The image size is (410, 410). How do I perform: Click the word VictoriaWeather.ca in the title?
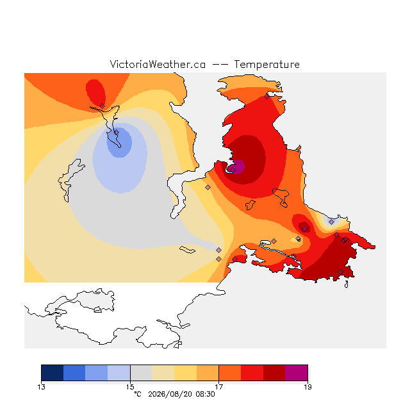[x=158, y=64]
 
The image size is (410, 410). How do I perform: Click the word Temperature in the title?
[x=266, y=64]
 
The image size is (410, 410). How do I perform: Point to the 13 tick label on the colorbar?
[x=41, y=387]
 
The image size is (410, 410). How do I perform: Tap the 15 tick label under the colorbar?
[x=130, y=387]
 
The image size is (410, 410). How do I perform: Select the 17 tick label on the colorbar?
[x=219, y=387]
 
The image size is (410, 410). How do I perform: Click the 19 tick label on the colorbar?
[x=307, y=387]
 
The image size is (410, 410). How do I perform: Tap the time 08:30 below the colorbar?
[x=205, y=395]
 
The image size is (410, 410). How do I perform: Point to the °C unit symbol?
[x=138, y=394]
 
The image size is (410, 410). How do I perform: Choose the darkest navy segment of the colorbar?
[x=53, y=373]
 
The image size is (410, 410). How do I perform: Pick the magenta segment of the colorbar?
[x=297, y=373]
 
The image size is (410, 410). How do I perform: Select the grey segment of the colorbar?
[x=141, y=373]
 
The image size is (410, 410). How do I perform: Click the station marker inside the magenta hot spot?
[x=233, y=170]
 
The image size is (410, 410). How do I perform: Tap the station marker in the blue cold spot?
[x=117, y=133]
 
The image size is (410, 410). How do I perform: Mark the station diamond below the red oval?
[x=102, y=106]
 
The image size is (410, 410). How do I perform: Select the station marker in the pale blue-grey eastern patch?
[x=331, y=222]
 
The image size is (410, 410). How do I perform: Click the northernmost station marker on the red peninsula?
[x=266, y=97]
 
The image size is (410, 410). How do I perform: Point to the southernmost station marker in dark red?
[x=340, y=272]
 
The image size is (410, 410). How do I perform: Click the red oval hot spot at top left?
[x=95, y=92]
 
